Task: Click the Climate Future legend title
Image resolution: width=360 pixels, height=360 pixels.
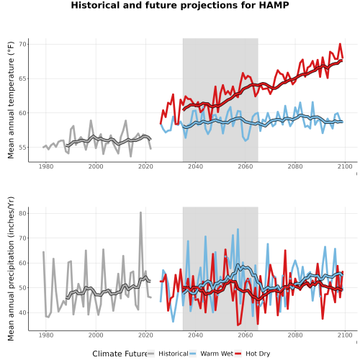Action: (x=120, y=354)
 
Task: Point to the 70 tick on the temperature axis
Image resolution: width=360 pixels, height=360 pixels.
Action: (x=23, y=45)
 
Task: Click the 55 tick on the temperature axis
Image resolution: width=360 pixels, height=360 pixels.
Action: (x=23, y=148)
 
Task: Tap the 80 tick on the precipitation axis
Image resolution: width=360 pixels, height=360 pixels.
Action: (x=23, y=213)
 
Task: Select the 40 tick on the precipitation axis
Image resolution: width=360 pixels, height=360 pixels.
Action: (x=23, y=312)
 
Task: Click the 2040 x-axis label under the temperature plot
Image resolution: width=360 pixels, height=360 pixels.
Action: (x=195, y=166)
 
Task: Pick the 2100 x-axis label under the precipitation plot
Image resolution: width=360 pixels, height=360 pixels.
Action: (x=345, y=335)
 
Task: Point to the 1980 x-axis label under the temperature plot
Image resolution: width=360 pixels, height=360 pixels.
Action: (x=46, y=166)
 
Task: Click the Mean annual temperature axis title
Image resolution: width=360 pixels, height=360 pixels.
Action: (x=11, y=100)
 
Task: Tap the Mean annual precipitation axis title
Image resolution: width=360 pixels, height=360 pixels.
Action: (x=11, y=269)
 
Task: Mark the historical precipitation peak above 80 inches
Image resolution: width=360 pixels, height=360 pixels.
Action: (x=141, y=212)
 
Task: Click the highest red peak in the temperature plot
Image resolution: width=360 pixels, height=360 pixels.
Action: (x=340, y=44)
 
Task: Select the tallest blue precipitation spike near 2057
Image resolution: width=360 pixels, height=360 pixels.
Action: (x=238, y=230)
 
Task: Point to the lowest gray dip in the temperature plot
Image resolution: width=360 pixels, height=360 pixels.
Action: (x=131, y=156)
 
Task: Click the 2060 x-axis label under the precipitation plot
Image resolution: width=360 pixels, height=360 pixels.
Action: (x=246, y=335)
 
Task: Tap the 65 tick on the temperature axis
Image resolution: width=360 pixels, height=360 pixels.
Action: (x=23, y=78)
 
